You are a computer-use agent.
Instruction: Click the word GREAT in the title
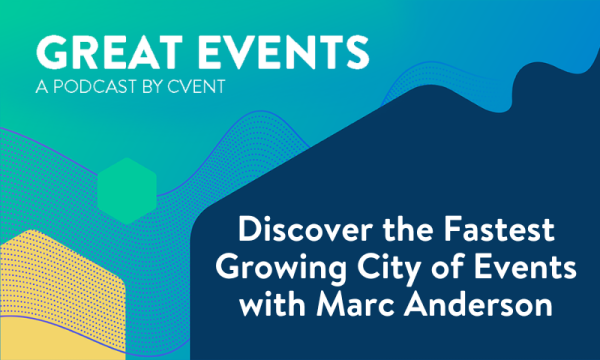[x=87, y=49]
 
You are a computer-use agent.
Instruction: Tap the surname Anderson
[x=470, y=304]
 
